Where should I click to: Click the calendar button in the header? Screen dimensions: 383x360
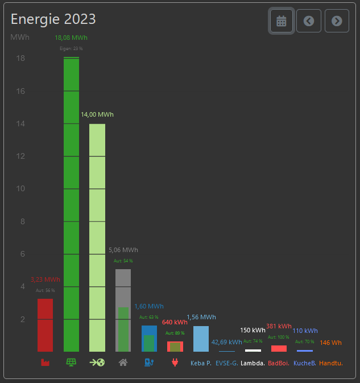(x=282, y=21)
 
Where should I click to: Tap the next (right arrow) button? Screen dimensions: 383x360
(x=337, y=21)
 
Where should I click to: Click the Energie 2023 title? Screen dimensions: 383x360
(x=53, y=19)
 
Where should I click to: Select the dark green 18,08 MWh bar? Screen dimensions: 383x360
(x=71, y=205)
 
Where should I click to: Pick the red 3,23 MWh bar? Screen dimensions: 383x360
(x=45, y=325)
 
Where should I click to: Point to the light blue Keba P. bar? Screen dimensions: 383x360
(x=201, y=339)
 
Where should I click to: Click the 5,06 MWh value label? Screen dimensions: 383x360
(x=123, y=250)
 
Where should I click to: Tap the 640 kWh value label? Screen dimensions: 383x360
(x=175, y=322)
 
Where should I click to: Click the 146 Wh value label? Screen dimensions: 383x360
(x=330, y=343)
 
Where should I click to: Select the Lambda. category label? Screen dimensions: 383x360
(x=253, y=363)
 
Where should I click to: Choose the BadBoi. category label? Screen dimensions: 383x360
(x=279, y=363)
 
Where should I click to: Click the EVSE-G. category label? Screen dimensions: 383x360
(x=226, y=363)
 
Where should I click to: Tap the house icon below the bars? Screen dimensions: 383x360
(x=123, y=362)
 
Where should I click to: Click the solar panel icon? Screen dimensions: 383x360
(x=71, y=362)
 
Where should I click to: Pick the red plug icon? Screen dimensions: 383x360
(x=175, y=362)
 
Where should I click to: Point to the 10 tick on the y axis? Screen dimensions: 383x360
(x=20, y=189)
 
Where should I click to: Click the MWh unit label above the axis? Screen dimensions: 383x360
(x=20, y=38)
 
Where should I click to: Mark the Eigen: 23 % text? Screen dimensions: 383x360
(x=71, y=48)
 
